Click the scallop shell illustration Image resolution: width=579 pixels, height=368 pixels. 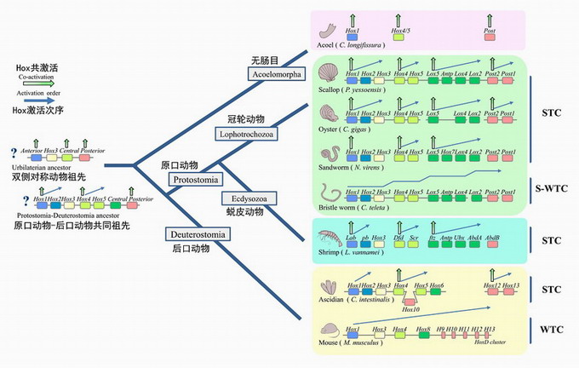point(328,70)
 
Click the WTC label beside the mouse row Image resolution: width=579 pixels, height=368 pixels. point(550,328)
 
